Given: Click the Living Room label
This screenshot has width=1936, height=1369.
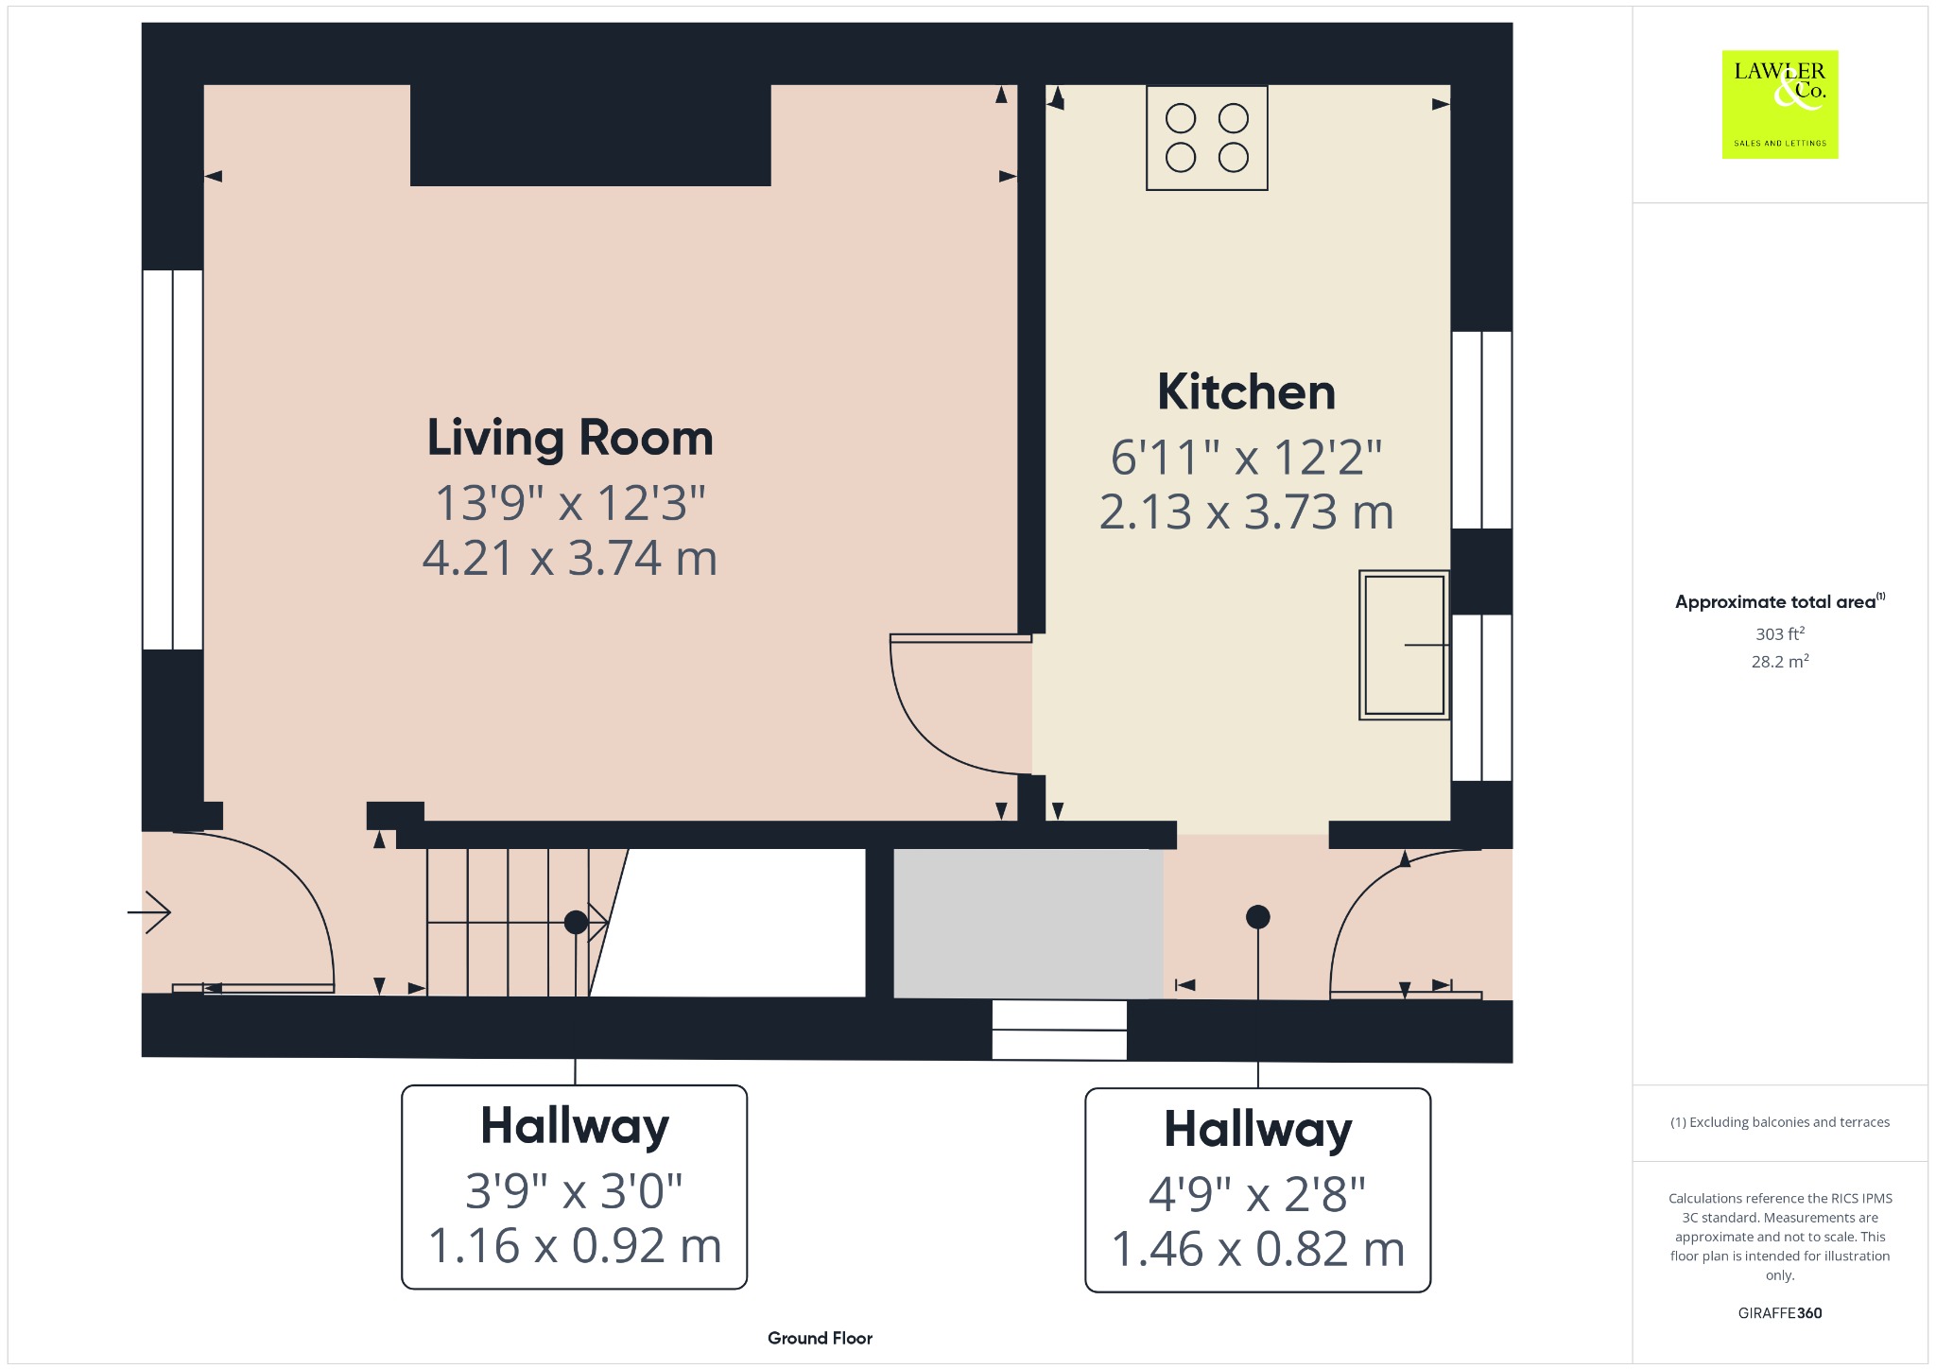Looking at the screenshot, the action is pos(570,438).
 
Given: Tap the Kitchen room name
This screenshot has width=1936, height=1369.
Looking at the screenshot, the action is pos(1246,391).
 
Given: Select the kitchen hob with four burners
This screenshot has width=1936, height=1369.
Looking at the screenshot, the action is pos(1206,138).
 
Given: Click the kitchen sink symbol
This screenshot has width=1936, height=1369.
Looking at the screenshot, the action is pos(1404,645).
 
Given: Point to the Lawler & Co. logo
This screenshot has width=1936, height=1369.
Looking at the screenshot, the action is pos(1779,104).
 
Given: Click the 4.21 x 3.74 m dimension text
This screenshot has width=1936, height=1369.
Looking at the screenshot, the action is pos(570,558).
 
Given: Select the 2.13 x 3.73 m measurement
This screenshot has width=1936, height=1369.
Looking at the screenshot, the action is pos(1246,511).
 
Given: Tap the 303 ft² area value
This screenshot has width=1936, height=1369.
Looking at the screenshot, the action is pos(1779,633).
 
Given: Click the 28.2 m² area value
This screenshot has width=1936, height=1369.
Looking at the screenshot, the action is pos(1779,661).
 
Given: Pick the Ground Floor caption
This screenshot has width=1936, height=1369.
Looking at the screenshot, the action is pos(820,1338).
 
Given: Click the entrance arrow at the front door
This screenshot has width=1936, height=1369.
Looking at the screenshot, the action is pos(149,912).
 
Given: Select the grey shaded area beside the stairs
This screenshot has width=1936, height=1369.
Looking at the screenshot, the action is pos(1028,924).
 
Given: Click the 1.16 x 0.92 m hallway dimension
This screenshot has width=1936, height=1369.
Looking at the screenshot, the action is pos(575,1245).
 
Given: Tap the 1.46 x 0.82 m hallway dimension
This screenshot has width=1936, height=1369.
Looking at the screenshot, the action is pos(1257,1248).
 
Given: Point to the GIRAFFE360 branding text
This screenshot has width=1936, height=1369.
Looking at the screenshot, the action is pos(1779,1313).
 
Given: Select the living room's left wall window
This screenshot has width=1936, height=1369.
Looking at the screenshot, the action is pos(173,459).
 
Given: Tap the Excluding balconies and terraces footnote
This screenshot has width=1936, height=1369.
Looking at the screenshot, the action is pos(1779,1122).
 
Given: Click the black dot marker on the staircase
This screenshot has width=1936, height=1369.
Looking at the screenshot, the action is pos(576,922).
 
